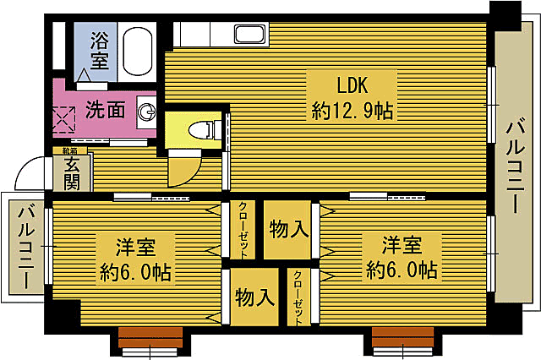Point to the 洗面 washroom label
tap(105, 109)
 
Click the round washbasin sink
tap(148, 111)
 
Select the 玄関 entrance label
tap(72, 172)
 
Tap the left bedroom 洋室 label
tap(135, 248)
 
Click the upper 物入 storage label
tap(287, 229)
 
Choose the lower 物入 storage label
tap(254, 297)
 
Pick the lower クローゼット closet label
tap(298, 297)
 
